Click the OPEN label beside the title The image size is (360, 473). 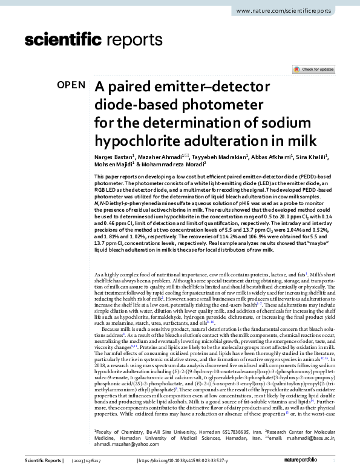(71, 85)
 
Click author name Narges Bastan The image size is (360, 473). (114, 155)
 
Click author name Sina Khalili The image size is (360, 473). (313, 155)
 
